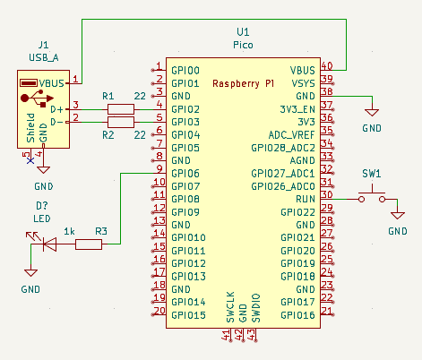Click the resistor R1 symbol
coord(120,108)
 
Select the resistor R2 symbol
coord(120,122)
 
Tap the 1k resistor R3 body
coord(88,244)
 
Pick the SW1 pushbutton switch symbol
coord(372,194)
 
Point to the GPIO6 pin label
coord(185,174)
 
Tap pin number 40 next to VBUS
coord(327,65)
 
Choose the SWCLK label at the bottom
coord(230,307)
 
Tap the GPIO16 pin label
coord(297,316)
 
